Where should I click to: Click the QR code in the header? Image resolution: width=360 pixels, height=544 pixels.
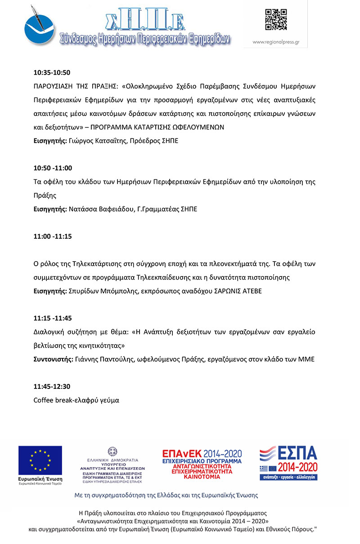point(276,20)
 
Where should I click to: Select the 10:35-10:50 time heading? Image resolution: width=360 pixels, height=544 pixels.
point(52,72)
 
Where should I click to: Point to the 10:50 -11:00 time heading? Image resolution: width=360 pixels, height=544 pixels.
point(53,168)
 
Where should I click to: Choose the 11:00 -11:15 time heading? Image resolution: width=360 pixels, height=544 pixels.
point(53,236)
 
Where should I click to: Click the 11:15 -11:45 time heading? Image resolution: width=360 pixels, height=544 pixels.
point(53,318)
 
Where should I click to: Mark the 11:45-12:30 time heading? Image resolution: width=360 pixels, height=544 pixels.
point(52,386)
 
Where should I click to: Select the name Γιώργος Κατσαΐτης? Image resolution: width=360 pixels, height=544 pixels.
point(97,141)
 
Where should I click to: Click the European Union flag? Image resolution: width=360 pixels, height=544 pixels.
point(40,461)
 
